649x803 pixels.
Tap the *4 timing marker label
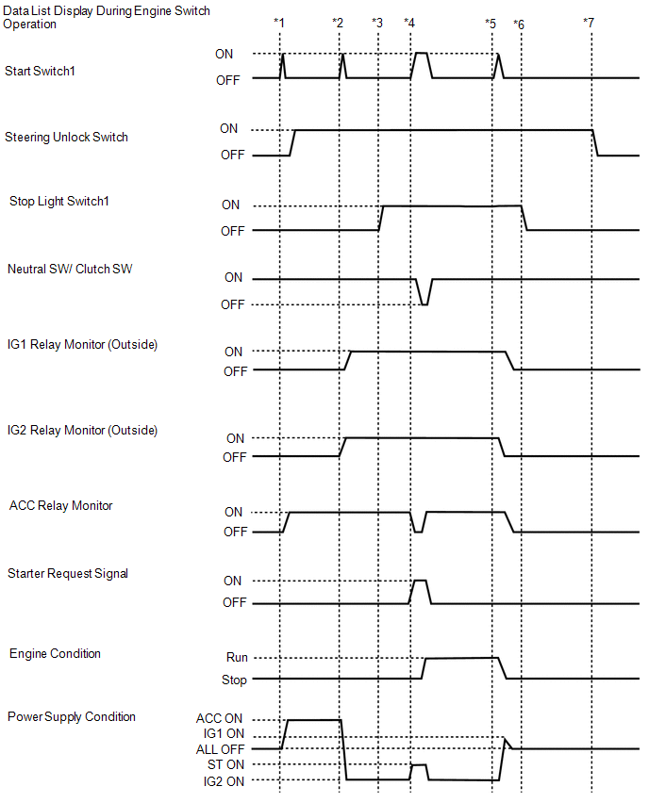coord(408,22)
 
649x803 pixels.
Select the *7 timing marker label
coord(589,22)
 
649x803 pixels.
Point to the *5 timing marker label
coord(490,22)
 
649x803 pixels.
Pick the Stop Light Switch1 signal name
coord(59,201)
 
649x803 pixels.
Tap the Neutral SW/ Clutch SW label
coord(70,270)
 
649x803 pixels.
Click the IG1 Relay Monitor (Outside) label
coord(82,345)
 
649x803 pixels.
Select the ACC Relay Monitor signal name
coord(60,505)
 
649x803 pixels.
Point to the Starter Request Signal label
coord(68,573)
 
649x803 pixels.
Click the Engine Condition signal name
coord(55,653)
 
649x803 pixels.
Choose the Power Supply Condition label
coord(72,716)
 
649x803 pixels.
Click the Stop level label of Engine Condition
coord(234,680)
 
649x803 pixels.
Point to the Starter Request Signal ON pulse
coord(420,582)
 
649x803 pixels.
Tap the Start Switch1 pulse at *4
coord(422,55)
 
